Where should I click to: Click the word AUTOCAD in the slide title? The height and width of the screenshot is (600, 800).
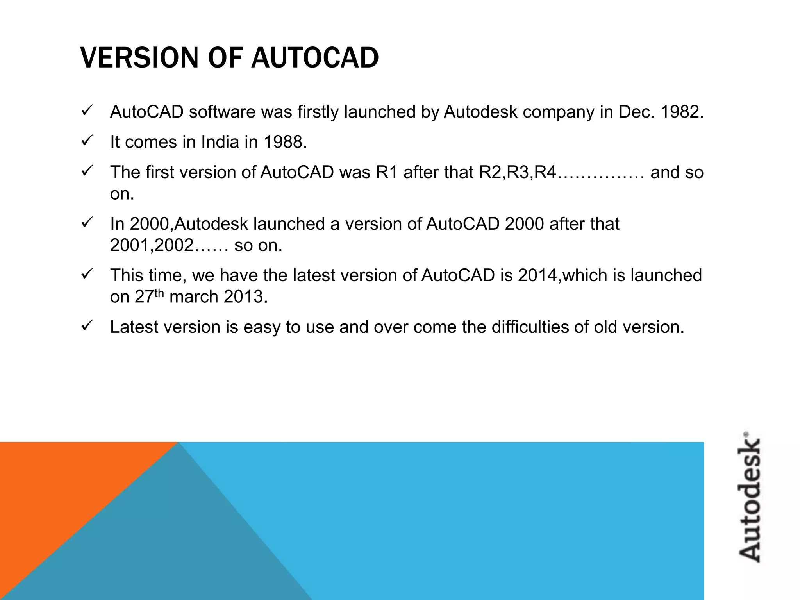315,58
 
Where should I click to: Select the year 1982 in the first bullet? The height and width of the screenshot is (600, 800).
682,112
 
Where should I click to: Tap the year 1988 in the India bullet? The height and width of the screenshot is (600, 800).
285,142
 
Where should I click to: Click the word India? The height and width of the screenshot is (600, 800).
220,142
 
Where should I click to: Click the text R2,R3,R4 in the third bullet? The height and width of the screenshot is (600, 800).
517,172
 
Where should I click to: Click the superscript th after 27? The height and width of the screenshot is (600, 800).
159,293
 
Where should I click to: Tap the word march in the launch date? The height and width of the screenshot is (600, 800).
194,297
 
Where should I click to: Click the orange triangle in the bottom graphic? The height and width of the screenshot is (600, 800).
59,488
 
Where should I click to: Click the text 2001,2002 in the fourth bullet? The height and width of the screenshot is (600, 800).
152,246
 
